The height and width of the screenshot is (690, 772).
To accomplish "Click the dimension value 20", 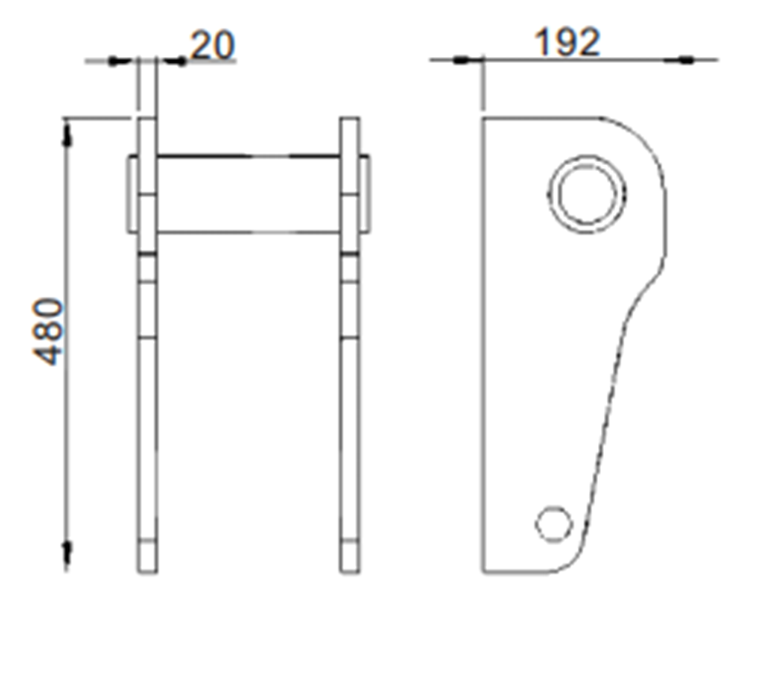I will tap(213, 45).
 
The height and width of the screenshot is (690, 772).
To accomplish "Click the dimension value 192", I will tap(567, 43).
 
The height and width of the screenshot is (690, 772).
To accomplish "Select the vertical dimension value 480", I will tap(50, 331).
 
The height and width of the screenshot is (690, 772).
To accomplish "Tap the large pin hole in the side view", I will tap(587, 194).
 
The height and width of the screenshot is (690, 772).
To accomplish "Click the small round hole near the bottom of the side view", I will tap(554, 523).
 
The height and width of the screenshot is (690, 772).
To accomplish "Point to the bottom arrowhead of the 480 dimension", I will tap(68, 553).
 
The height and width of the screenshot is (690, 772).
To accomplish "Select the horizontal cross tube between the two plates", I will tap(248, 194).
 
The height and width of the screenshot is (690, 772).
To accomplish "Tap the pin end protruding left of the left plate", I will tap(132, 194).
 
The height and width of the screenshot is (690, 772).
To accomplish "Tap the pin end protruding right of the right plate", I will tap(365, 194).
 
